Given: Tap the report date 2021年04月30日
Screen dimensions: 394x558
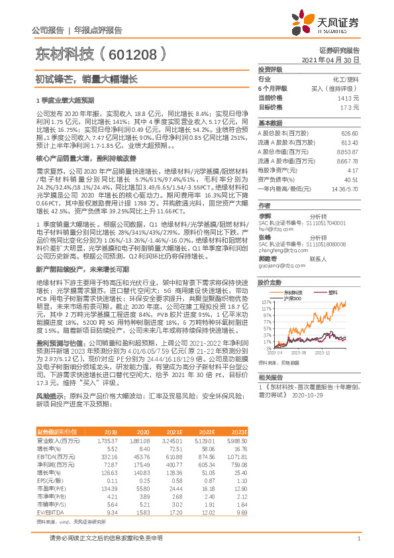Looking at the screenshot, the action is (x=334, y=60).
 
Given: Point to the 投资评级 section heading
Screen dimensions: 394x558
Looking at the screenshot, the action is (x=270, y=69).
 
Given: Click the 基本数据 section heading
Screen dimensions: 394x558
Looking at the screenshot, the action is (x=270, y=123).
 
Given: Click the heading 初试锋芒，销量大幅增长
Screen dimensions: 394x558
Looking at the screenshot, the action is (x=86, y=79).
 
